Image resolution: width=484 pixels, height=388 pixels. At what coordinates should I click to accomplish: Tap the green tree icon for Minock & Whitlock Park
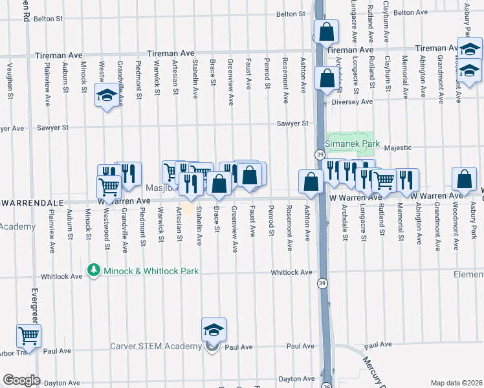[94, 268]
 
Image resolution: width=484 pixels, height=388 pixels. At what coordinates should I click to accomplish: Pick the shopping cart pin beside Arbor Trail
[29, 337]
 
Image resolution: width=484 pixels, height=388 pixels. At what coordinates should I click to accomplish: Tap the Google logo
[21, 380]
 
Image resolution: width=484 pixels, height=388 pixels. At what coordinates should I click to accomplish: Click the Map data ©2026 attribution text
[457, 383]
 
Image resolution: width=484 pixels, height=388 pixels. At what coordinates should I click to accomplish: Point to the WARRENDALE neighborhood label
[33, 202]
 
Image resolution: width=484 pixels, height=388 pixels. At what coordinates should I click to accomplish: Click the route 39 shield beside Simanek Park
[320, 155]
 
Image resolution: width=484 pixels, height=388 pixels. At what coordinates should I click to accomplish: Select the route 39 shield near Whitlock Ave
[322, 283]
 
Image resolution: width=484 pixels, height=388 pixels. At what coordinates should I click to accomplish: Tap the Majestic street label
[397, 147]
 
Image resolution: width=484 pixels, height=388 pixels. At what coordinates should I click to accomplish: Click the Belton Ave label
[411, 12]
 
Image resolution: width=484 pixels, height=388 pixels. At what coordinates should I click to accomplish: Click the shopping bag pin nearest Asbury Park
[464, 180]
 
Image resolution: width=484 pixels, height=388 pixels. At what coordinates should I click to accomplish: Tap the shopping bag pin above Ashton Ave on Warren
[311, 182]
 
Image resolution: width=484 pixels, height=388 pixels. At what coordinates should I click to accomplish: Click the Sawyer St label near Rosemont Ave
[289, 124]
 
